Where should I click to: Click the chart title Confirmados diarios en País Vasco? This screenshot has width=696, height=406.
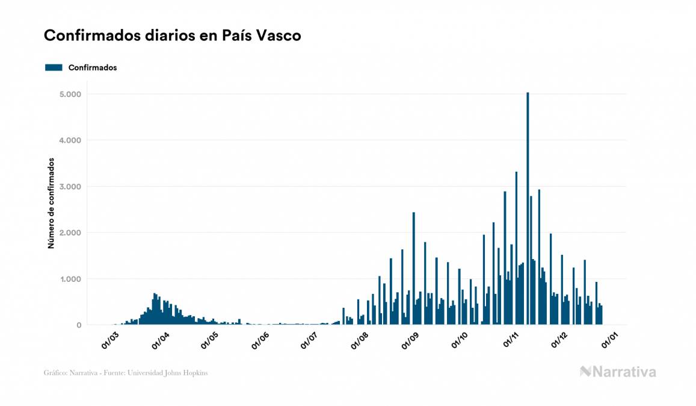(x=173, y=36)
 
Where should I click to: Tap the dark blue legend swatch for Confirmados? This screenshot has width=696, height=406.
(x=54, y=67)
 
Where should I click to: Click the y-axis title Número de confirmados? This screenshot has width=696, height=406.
(x=51, y=204)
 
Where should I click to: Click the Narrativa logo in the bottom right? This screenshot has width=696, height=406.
(x=618, y=372)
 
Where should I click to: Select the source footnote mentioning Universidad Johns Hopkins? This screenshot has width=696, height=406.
(x=126, y=373)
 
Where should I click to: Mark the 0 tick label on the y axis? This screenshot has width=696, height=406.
(x=78, y=325)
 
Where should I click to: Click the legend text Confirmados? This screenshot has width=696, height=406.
(x=93, y=67)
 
